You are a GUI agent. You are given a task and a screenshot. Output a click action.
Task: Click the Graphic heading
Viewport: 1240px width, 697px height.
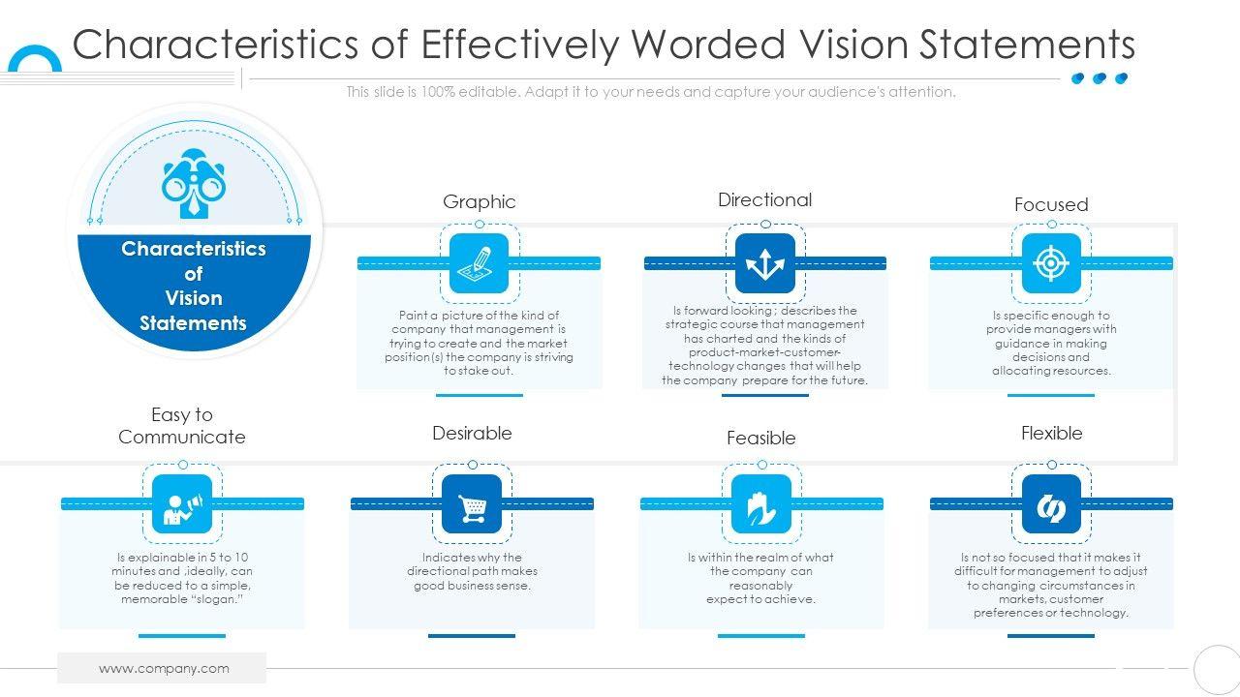point(479,201)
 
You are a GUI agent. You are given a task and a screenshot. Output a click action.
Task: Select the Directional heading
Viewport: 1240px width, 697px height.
point(764,199)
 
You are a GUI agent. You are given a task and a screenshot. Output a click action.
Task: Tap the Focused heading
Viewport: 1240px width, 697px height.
point(1051,204)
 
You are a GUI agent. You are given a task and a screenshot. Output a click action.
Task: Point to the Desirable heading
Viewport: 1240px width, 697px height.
point(472,433)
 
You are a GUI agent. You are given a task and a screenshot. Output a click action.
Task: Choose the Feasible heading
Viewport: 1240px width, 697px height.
point(760,438)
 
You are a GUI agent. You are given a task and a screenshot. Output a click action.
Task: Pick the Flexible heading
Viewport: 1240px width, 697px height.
point(1051,433)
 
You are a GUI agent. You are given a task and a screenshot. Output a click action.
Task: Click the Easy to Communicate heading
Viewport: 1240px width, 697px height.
point(182,426)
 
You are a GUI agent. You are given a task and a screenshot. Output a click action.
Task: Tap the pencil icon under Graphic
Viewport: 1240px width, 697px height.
point(479,262)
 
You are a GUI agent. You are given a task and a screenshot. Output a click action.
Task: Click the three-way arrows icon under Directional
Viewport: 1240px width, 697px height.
point(764,262)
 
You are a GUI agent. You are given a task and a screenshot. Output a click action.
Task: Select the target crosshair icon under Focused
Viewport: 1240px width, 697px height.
point(1051,262)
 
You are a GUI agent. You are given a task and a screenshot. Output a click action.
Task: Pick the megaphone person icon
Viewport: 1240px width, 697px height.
point(182,503)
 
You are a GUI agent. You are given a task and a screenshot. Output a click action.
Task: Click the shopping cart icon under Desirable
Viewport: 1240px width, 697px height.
point(472,503)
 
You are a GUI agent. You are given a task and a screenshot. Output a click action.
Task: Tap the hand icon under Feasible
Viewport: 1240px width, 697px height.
point(760,503)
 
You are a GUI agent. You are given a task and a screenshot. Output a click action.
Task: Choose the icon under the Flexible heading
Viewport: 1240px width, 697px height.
point(1051,503)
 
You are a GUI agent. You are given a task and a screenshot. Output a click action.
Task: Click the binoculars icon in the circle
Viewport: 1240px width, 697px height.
point(193,183)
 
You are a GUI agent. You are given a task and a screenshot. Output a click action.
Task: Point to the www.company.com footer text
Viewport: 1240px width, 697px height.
point(164,668)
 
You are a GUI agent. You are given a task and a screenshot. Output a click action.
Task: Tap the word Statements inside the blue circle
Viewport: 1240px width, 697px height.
point(194,323)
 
